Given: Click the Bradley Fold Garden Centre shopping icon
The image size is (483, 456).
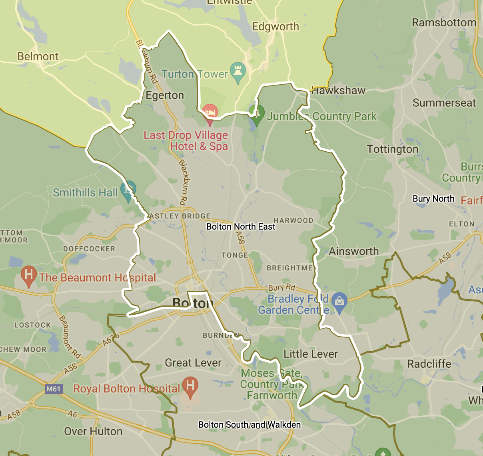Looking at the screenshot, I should (x=339, y=301).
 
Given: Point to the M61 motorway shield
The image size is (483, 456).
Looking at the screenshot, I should (x=54, y=389).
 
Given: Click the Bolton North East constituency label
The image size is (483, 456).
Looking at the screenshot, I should (x=241, y=227).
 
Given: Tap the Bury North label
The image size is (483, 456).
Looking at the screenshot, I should (x=433, y=199).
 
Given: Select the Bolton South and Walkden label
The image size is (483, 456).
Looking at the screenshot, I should (x=249, y=424).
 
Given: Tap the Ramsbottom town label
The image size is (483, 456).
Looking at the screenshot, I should (x=444, y=22).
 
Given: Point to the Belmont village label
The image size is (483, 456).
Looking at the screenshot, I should (x=38, y=56).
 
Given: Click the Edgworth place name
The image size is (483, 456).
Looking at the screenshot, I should (x=275, y=27).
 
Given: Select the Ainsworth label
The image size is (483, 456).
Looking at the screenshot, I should (x=353, y=251).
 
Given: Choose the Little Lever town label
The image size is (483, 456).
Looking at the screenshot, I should (x=311, y=354).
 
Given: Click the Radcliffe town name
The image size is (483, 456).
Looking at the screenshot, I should (x=429, y=364).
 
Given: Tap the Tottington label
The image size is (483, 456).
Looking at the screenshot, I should (x=393, y=149).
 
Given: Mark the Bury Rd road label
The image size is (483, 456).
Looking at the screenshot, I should (x=281, y=287).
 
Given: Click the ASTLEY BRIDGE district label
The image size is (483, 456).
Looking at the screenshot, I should (x=180, y=216).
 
